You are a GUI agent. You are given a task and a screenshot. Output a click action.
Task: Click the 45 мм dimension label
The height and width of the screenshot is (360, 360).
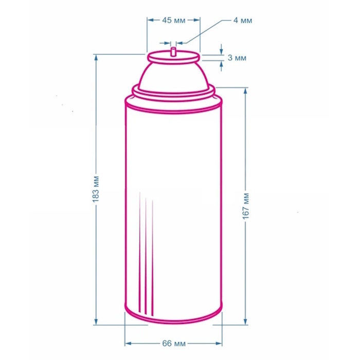(174, 21)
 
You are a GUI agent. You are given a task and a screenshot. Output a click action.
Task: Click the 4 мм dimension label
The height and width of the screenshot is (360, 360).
(243, 21)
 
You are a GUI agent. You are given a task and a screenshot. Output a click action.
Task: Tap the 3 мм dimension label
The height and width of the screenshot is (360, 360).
(237, 58)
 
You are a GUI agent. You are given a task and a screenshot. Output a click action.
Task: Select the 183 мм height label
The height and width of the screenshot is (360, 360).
(96, 189)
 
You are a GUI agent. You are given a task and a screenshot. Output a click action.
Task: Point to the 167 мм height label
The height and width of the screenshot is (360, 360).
(246, 206)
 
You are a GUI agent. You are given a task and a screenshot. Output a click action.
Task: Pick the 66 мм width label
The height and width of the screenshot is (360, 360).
(174, 344)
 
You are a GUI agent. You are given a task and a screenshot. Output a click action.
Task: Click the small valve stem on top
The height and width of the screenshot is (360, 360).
(173, 51)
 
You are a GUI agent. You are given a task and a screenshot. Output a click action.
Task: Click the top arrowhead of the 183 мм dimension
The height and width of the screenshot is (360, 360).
(96, 58)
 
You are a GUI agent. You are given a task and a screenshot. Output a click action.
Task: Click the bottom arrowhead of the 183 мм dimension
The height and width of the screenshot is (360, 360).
(96, 321)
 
